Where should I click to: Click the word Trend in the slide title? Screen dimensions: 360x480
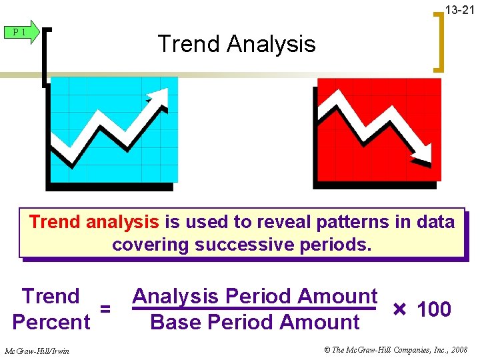click(189, 44)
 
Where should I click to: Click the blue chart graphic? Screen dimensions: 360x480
click(113, 130)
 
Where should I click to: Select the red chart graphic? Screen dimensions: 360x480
click(378, 130)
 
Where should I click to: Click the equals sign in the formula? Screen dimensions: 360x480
click(105, 309)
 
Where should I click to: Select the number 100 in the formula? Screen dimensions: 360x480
click(434, 309)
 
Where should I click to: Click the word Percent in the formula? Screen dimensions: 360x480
click(51, 322)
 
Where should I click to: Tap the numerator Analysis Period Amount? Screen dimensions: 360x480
click(255, 295)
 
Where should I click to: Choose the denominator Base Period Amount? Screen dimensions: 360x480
click(255, 322)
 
